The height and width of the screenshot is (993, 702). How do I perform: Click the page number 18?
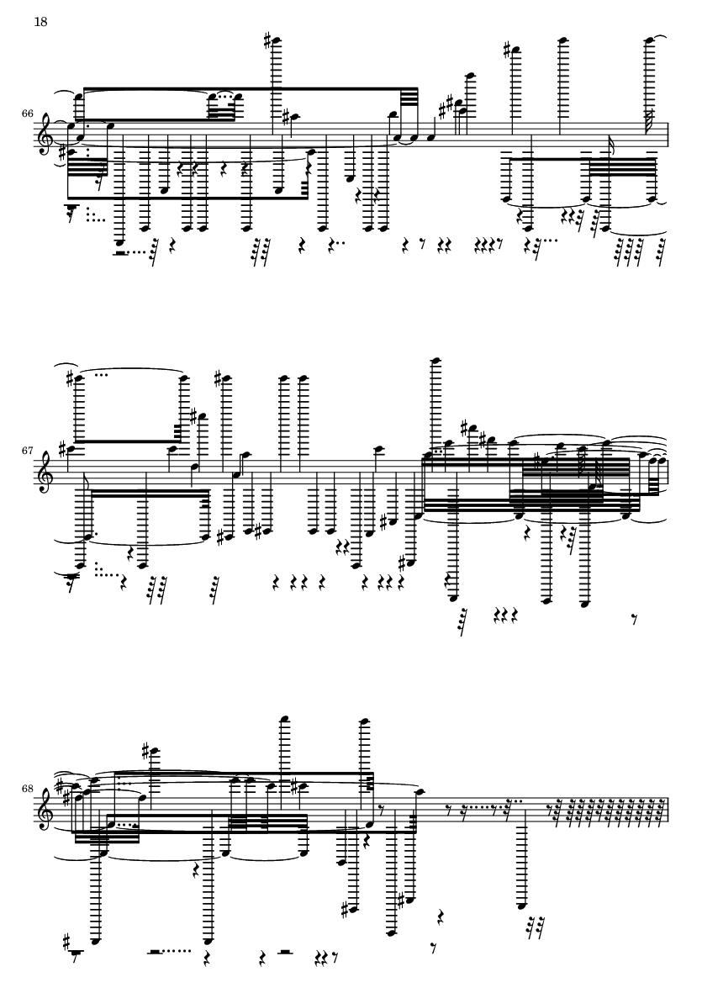click(40, 22)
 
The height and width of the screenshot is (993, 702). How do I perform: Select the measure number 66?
click(27, 114)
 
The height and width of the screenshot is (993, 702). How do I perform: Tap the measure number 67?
click(27, 452)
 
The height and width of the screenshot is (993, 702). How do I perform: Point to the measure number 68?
click(27, 789)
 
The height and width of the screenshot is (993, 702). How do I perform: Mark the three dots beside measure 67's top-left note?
click(101, 374)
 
